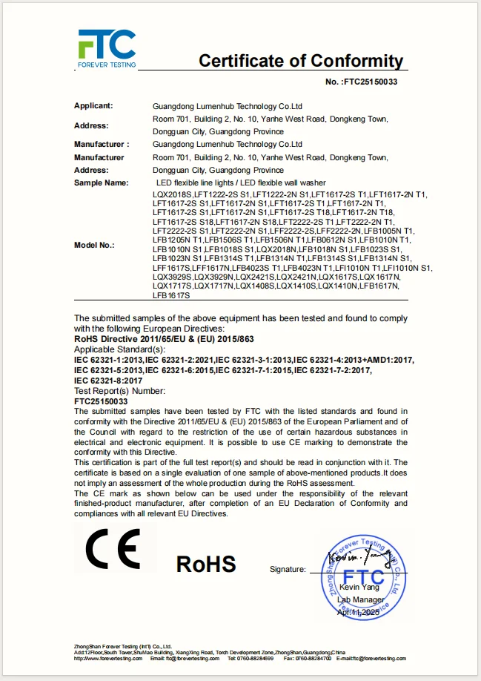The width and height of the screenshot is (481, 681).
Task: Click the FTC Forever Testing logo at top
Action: pyautogui.click(x=107, y=49)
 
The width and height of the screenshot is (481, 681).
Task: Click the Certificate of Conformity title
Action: pyautogui.click(x=300, y=61)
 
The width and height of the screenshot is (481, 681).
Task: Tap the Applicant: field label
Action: pyautogui.click(x=93, y=106)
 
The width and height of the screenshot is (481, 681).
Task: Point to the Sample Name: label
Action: pyautogui.click(x=101, y=182)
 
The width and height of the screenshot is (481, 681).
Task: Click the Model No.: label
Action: pyautogui.click(x=94, y=245)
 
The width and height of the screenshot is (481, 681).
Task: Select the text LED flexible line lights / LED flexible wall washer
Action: pyautogui.click(x=241, y=182)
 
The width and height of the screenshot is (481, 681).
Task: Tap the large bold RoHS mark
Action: pyautogui.click(x=206, y=564)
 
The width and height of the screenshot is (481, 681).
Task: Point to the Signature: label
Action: pyautogui.click(x=287, y=570)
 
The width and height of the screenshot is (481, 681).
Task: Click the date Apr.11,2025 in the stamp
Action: pyautogui.click(x=358, y=612)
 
